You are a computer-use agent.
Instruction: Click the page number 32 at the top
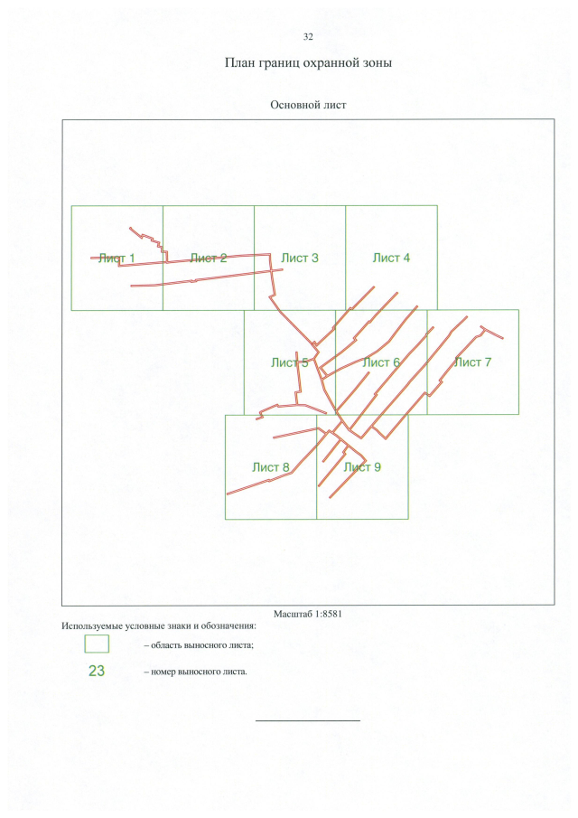click(x=308, y=36)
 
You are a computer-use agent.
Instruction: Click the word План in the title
click(x=238, y=62)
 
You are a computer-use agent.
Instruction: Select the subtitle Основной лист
click(x=308, y=105)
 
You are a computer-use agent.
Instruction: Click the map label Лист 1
click(x=117, y=258)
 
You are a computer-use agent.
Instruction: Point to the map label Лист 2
click(x=209, y=258)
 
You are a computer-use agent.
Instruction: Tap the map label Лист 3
click(x=300, y=258)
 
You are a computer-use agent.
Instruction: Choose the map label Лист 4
click(x=391, y=258)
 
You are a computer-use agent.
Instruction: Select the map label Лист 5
click(x=290, y=362)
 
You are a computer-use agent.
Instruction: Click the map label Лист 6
click(x=381, y=362)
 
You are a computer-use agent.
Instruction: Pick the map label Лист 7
click(x=472, y=362)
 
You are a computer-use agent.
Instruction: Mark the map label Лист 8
click(x=271, y=467)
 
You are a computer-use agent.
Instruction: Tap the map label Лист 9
click(x=362, y=467)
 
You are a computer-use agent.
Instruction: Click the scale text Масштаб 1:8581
click(x=308, y=614)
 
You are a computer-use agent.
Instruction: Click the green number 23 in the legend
click(x=97, y=671)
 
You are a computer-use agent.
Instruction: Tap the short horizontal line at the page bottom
click(x=308, y=720)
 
